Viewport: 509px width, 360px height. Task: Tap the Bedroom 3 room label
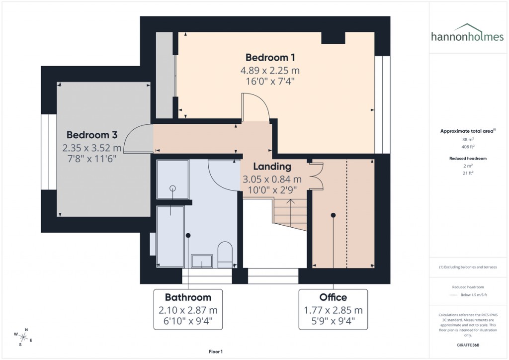[92, 135]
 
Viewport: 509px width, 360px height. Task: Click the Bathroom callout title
[188, 297]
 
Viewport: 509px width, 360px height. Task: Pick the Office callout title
[333, 297]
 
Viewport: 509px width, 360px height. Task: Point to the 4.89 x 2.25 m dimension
[270, 70]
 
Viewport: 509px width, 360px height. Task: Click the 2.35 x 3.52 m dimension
[92, 148]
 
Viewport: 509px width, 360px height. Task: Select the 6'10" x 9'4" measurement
[188, 321]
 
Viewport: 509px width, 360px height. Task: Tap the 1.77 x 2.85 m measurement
[333, 310]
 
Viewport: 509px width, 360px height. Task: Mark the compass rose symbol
[22, 337]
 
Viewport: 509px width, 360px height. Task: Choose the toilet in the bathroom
[225, 253]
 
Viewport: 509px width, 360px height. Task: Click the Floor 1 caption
[215, 352]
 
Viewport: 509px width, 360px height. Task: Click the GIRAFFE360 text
[467, 345]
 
